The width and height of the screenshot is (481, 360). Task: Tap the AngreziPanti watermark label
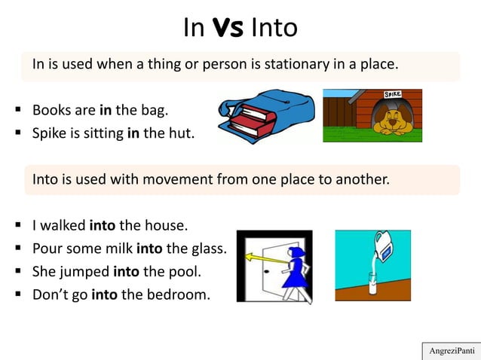(x=450, y=351)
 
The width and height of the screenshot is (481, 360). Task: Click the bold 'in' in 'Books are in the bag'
(x=105, y=111)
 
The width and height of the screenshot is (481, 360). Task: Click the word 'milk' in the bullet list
(x=116, y=248)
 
